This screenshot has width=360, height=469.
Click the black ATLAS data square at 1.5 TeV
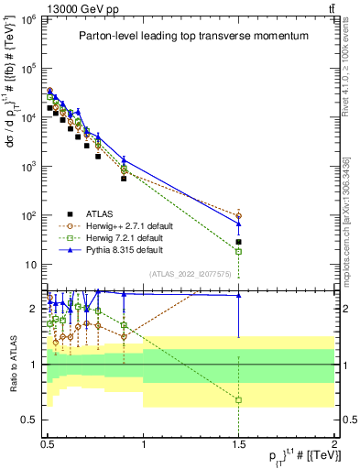239,242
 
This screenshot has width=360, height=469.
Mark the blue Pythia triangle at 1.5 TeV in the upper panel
239,224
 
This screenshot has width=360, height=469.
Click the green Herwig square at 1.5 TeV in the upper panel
239,251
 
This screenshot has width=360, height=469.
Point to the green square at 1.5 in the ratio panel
239,400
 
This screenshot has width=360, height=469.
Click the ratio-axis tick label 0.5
29,420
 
